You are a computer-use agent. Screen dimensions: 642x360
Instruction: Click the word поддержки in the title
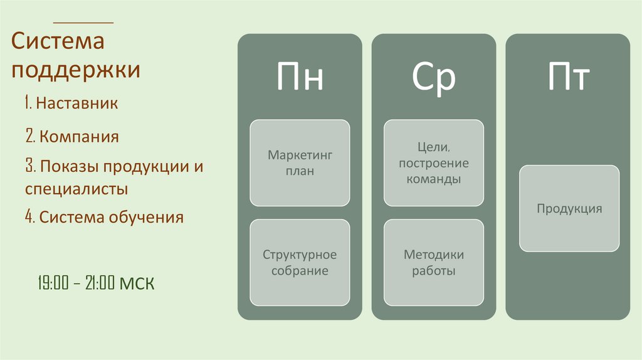(75, 69)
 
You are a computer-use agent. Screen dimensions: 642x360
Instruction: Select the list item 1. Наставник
(72, 103)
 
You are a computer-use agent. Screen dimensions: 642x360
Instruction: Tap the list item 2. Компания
(72, 136)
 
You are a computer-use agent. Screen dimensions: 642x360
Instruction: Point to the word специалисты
(77, 188)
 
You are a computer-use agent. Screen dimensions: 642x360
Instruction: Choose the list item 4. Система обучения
(105, 218)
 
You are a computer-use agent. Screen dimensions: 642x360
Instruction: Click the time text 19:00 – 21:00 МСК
(95, 283)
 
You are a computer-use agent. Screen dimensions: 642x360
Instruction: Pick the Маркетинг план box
(300, 162)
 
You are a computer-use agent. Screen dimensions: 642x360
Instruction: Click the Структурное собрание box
(300, 263)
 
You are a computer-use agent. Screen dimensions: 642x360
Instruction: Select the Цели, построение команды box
(434, 162)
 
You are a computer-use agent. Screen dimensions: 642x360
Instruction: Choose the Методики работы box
(434, 263)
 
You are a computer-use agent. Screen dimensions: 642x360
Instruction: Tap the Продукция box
(569, 208)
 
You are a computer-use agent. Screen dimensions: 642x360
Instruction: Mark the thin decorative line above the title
(93, 23)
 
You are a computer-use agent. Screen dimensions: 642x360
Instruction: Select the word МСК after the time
(137, 283)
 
